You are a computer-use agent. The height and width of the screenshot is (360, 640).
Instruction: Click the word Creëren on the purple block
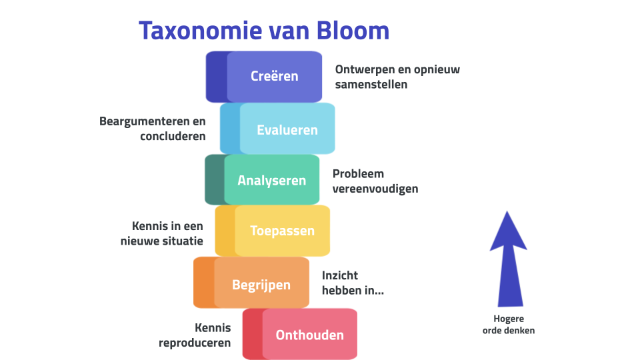pos(274,76)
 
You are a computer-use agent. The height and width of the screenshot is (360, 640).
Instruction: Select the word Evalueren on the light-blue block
pos(287,129)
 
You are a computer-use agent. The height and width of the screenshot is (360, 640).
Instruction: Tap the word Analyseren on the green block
pos(271,180)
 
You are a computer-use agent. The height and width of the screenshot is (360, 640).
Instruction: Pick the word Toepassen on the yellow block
pos(282,231)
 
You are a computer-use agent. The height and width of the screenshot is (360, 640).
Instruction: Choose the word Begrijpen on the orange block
pos(261,285)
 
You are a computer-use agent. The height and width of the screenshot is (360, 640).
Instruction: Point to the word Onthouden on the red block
pos(309,335)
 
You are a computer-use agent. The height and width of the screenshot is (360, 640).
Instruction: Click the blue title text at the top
pos(261,32)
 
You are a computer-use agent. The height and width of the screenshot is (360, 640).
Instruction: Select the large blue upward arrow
pos(508,260)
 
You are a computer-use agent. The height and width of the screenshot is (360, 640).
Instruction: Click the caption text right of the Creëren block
pos(396,78)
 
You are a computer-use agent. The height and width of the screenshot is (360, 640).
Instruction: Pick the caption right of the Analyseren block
pos(370,182)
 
